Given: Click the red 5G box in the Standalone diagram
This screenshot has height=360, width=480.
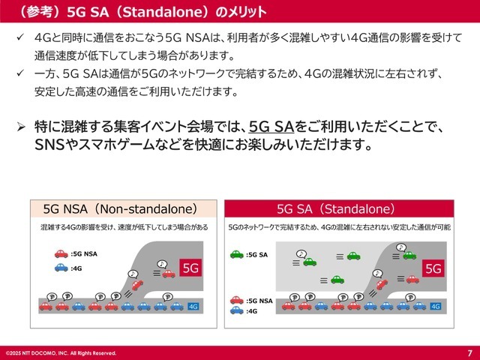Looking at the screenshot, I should (433, 268).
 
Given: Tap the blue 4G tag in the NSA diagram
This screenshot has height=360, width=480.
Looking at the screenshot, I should (193, 306).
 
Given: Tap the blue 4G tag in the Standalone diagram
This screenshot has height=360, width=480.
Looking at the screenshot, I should (435, 306).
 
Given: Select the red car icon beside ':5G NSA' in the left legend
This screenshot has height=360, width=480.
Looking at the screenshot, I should (61, 254).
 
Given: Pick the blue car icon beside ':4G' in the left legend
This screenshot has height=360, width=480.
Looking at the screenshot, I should (61, 267).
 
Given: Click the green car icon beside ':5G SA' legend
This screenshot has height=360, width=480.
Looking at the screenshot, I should (236, 255).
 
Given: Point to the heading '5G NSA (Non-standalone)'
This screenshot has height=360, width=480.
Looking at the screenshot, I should (120, 208).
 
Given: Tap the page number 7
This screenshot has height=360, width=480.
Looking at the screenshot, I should (469, 352).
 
